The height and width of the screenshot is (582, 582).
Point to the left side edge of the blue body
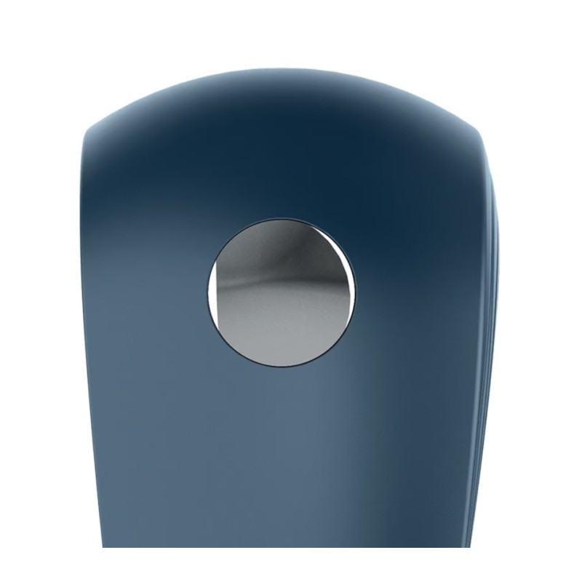tap(82, 327)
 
